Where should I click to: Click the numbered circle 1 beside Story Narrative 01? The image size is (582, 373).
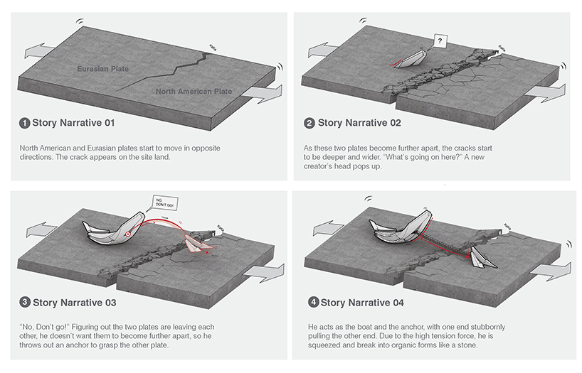pos(25,123)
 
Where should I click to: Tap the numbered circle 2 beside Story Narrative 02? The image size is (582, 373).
pos(309,123)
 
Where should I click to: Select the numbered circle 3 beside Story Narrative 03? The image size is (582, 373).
pos(25,303)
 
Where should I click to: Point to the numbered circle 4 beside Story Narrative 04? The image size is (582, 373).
pos(312,303)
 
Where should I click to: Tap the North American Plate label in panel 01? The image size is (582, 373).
pos(194,91)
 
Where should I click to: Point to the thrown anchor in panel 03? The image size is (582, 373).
pos(194,244)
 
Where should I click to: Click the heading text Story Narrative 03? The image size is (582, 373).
pos(74,303)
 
